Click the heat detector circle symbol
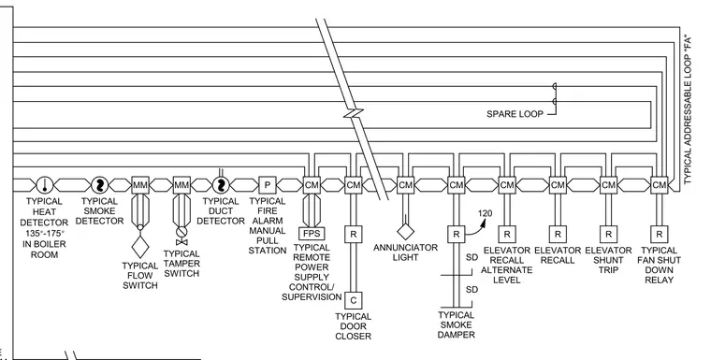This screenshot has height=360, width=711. [x=45, y=185]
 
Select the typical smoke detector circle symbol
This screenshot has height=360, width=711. [x=100, y=185]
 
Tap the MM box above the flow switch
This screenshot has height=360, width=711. [x=140, y=185]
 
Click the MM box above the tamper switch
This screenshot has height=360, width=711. [x=181, y=185]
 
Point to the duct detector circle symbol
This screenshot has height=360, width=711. [x=221, y=185]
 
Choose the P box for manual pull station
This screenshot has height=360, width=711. [x=267, y=185]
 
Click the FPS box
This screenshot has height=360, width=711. [x=312, y=234]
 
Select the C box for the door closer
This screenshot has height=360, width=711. [x=354, y=300]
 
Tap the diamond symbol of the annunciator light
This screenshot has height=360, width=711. [x=405, y=231]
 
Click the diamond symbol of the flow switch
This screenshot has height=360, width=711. [x=140, y=248]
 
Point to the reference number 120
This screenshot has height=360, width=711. [x=485, y=213]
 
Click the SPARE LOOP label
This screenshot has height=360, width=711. [x=515, y=114]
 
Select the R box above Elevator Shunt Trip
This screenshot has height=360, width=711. [x=608, y=234]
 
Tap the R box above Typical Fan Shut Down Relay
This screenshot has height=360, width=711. [x=659, y=234]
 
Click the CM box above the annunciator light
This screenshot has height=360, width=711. [x=405, y=185]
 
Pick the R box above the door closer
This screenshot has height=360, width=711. [x=354, y=234]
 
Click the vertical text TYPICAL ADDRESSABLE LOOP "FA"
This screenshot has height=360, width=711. [x=689, y=109]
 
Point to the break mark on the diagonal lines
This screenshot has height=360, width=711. [x=354, y=113]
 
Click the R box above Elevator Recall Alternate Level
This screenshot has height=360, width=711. [x=506, y=234]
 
